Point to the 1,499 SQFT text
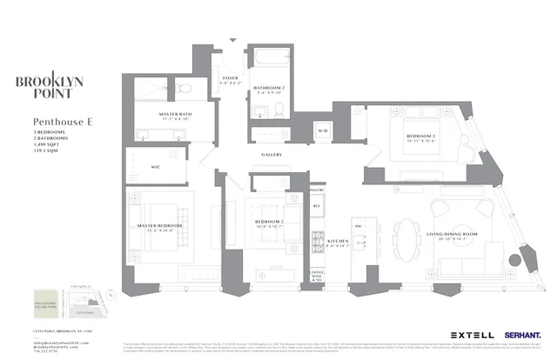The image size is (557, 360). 48,147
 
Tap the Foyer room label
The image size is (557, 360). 231,81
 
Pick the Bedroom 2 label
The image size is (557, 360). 270,224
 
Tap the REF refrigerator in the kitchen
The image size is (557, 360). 318,208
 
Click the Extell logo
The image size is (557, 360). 473,334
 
